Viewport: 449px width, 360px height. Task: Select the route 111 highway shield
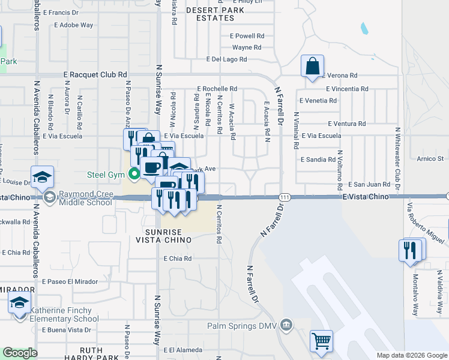[x=285, y=197]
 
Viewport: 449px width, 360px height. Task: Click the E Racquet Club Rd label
[x=95, y=74]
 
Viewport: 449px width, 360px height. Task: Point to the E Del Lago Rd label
[x=226, y=59]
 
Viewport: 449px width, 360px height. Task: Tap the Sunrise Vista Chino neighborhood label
[x=168, y=235]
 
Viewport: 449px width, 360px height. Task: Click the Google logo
[x=20, y=353]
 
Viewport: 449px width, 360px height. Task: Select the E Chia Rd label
[x=177, y=259]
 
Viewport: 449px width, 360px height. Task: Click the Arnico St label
[x=430, y=159]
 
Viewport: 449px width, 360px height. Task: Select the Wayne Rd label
[x=247, y=47]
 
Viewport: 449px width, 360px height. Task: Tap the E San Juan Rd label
[x=365, y=184]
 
